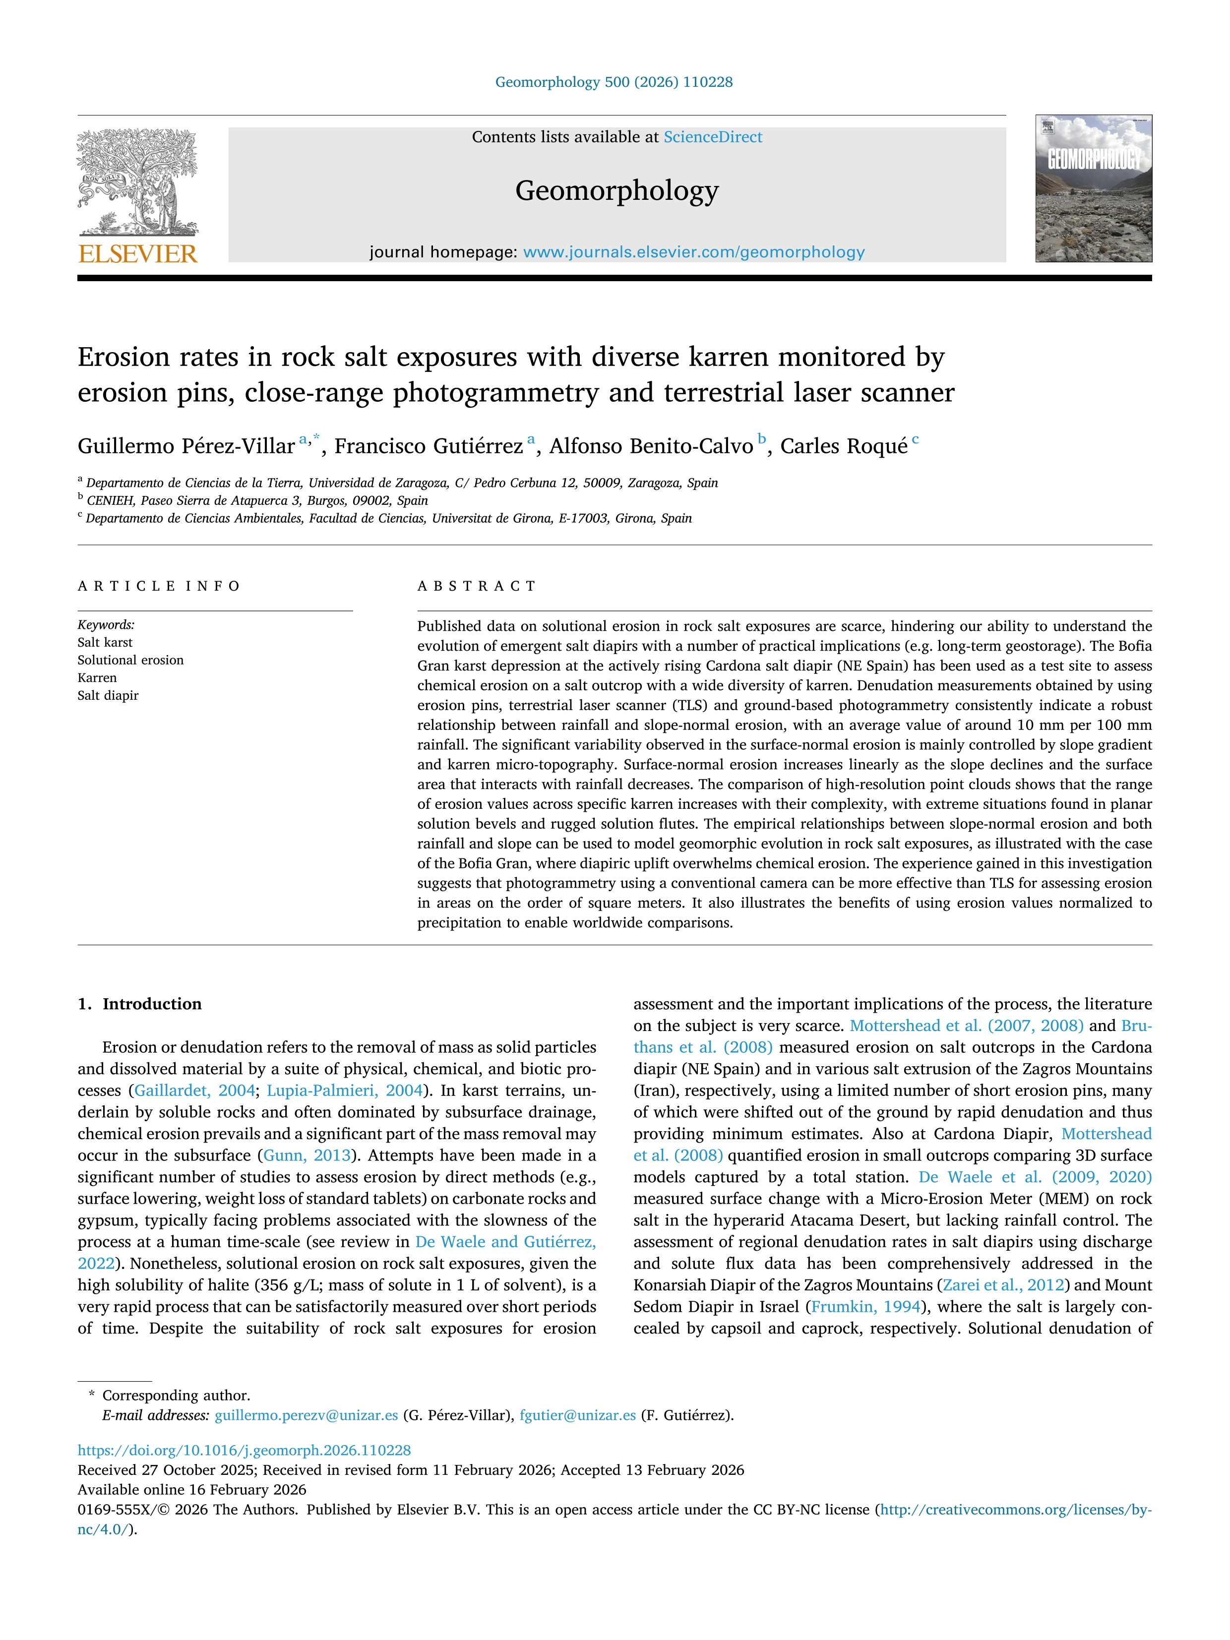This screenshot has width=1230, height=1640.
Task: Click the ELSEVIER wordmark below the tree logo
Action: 138,254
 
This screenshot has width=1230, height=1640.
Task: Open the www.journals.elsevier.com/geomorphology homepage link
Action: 693,252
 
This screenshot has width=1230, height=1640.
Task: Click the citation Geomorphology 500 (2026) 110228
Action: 614,82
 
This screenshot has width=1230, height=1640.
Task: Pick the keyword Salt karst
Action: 105,643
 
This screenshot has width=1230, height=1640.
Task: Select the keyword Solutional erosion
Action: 130,661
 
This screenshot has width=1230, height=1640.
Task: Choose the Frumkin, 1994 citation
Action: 865,1306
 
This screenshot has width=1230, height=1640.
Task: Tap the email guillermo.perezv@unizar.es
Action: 306,1415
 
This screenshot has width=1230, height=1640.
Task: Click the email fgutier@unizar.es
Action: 578,1415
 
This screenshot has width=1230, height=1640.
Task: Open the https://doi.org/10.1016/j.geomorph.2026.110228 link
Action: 244,1450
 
